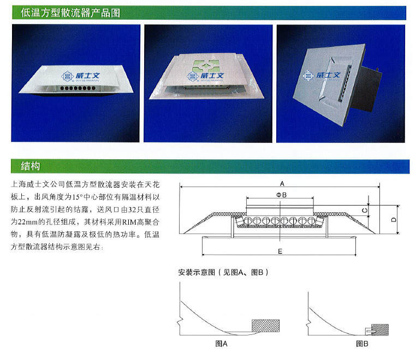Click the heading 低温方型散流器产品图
point(70,13)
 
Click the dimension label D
point(393,220)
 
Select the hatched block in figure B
point(379,329)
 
